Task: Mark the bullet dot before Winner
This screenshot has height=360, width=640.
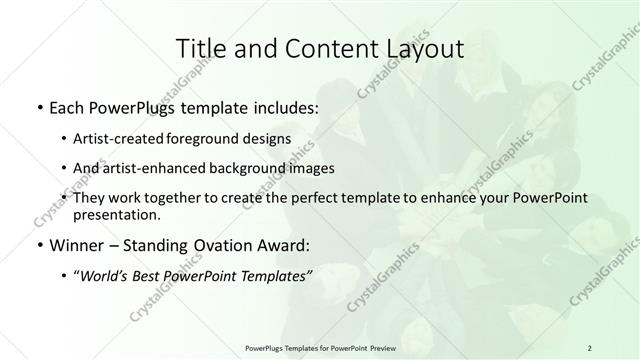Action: pos(39,245)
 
